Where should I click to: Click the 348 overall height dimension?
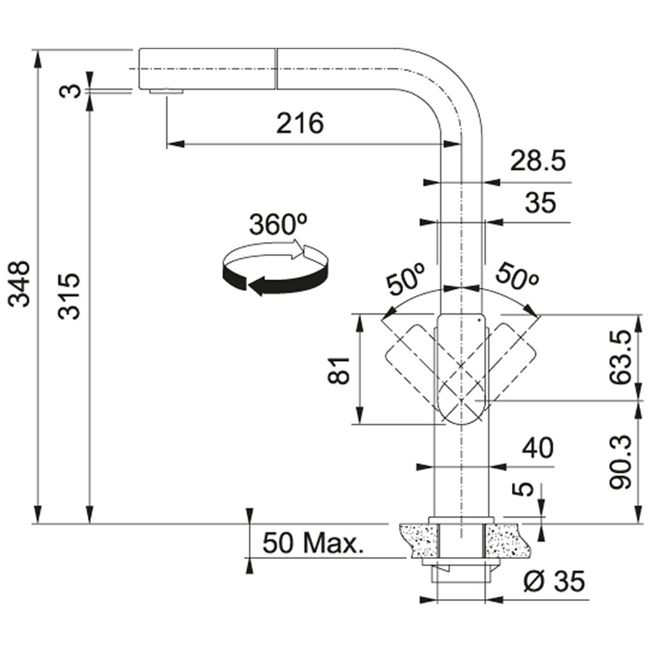coord(19,284)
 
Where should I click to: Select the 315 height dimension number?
coord(69,295)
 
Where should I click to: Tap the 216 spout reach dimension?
coord(300,123)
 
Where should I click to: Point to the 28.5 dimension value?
coord(537,161)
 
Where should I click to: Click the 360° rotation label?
coord(278,225)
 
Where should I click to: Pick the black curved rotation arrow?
coord(274,278)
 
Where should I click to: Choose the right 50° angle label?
coord(517,276)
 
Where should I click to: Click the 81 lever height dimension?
coord(339,370)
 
